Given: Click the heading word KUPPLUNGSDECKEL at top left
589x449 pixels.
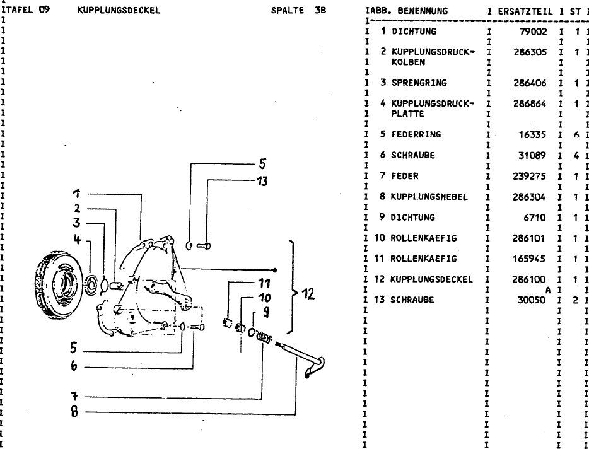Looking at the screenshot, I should [119, 10].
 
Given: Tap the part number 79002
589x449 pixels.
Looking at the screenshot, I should [534, 31].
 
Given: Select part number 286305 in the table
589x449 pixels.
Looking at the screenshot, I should [530, 52].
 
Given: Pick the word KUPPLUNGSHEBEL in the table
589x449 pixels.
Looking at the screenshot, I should [429, 197].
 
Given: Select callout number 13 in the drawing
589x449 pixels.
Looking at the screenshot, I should [262, 182].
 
